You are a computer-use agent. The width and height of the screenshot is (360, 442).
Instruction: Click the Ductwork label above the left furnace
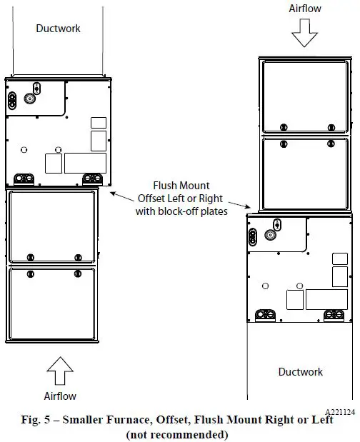[58, 29]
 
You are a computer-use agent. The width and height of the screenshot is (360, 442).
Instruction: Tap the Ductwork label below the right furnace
[301, 372]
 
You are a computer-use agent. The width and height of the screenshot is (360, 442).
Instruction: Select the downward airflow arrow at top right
[304, 33]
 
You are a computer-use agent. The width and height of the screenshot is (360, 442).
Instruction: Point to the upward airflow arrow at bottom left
[60, 371]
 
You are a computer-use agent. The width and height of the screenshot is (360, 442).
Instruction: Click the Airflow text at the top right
[305, 9]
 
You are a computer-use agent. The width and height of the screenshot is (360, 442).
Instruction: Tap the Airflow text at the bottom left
[60, 396]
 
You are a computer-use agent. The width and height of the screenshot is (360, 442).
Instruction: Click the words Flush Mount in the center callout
[181, 186]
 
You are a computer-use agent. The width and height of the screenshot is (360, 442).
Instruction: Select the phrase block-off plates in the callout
[193, 211]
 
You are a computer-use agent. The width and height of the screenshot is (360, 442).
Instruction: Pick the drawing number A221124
[340, 412]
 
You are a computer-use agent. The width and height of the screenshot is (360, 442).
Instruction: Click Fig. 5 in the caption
[35, 420]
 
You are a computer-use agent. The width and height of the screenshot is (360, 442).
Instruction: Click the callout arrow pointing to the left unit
[121, 197]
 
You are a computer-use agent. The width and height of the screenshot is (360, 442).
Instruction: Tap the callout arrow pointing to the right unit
[239, 205]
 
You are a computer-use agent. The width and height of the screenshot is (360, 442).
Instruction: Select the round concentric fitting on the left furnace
[30, 99]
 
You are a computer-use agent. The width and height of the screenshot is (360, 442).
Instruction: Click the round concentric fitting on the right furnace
[270, 234]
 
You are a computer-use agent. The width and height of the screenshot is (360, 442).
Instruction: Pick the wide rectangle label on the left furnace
[86, 163]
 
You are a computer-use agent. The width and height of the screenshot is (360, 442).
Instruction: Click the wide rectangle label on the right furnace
[326, 299]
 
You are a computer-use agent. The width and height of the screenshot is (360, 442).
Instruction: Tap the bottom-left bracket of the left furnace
[24, 179]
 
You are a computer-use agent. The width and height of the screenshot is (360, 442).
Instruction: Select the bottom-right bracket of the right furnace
[334, 316]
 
